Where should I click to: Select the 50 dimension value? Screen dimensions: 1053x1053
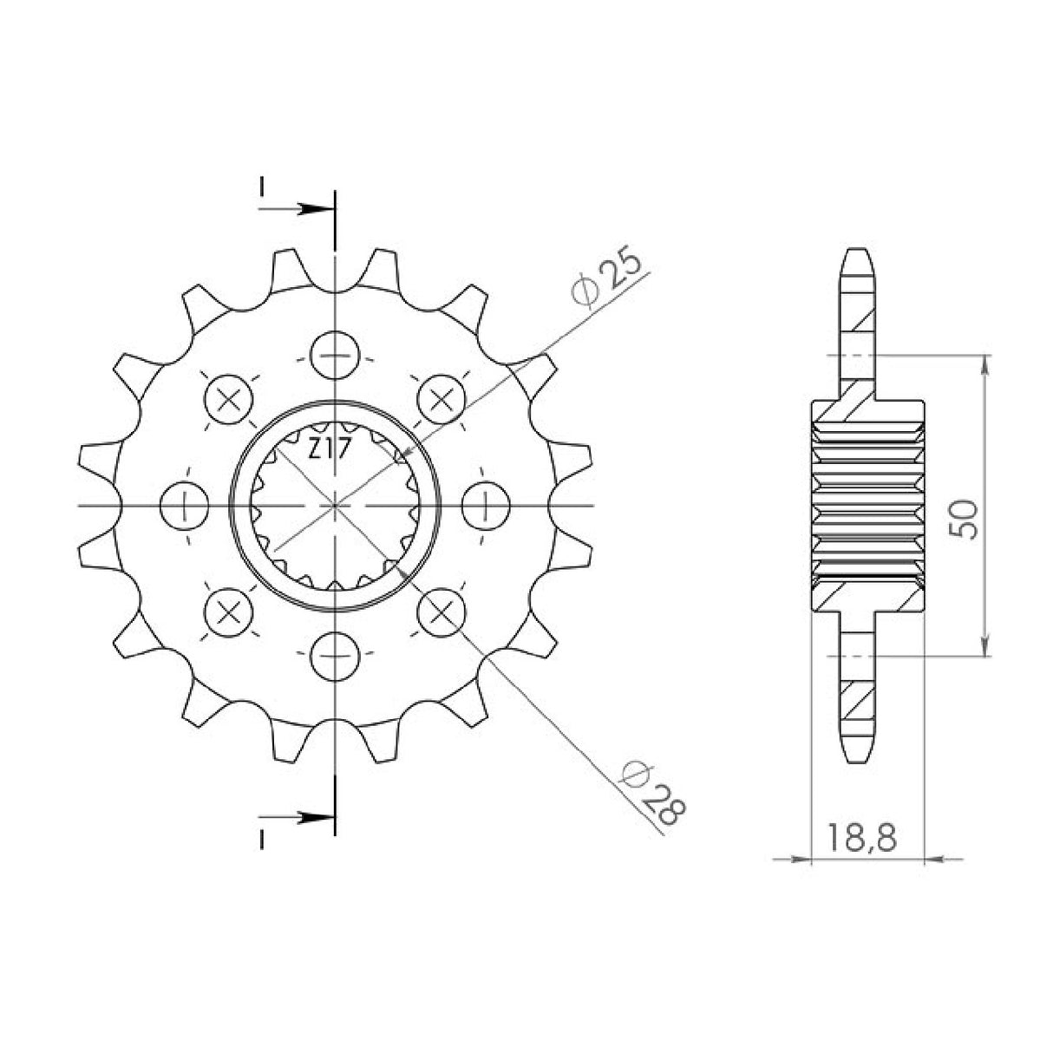pos(968,519)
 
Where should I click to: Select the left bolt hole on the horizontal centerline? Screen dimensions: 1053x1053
pos(185,505)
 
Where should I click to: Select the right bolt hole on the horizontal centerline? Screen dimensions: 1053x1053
pos(485,505)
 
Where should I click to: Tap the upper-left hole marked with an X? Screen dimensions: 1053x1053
pos(229,399)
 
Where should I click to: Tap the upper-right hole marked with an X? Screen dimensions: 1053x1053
pos(441,399)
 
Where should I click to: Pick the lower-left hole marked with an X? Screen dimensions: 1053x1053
pos(229,611)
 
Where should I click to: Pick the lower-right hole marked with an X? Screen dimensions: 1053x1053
pos(441,611)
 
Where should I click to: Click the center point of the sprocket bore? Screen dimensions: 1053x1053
pos(335,505)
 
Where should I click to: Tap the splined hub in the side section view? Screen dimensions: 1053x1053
pos(867,505)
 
